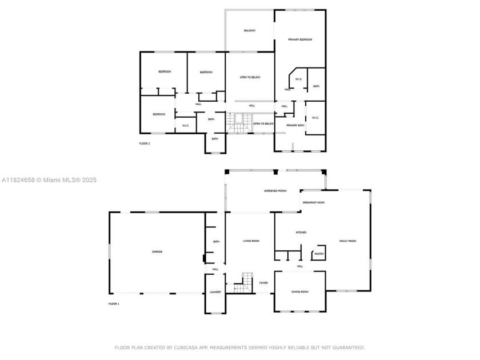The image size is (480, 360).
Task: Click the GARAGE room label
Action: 157,251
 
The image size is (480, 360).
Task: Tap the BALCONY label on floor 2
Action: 250,30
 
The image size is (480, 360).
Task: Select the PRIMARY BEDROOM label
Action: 300,39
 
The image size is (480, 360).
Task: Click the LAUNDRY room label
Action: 215,292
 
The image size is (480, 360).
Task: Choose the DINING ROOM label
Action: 300,291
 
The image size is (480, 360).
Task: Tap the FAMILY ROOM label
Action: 347,241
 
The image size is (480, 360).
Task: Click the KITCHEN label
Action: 301,233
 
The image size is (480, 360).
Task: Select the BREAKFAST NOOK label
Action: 314,202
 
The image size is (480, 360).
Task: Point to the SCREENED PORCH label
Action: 275,190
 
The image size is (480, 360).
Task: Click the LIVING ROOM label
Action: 251,241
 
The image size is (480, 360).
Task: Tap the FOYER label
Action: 263,283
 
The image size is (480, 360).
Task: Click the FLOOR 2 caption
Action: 145,143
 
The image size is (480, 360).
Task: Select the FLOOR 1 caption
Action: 114,304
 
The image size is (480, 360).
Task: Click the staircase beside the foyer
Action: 246,281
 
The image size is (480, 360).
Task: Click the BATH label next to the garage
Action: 216,242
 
